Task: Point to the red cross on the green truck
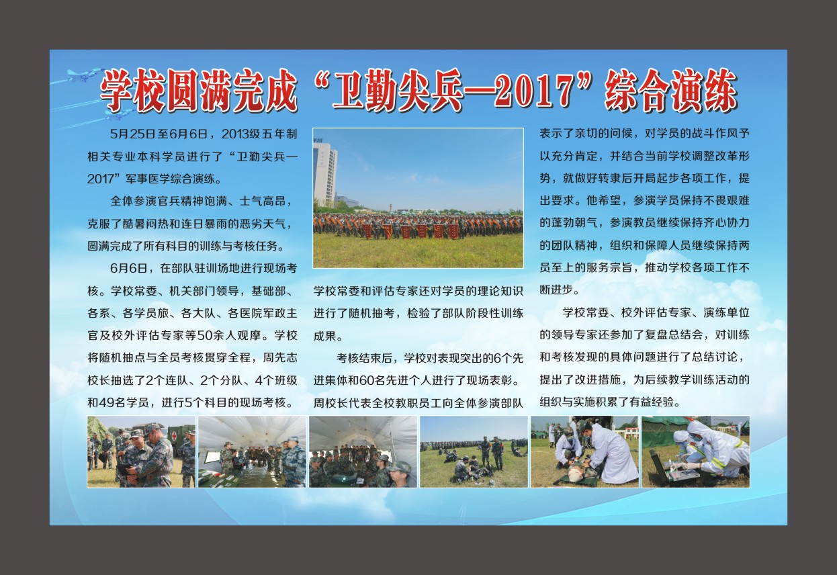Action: click(174, 436)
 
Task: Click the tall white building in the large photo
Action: click(324, 174)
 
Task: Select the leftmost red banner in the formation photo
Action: click(367, 231)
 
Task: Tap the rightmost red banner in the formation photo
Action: click(453, 231)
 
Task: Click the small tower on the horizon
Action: click(391, 208)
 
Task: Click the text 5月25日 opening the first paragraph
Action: click(126, 134)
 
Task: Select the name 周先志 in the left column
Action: click(280, 357)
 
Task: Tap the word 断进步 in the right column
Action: click(557, 290)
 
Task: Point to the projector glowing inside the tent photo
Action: click(342, 478)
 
